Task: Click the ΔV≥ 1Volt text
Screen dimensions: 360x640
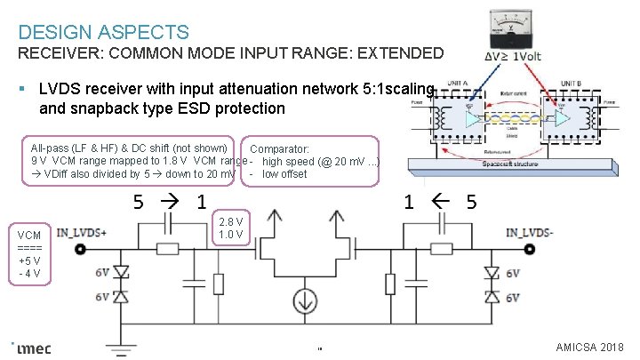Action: click(x=512, y=56)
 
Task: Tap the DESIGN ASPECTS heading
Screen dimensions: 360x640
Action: click(x=103, y=33)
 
